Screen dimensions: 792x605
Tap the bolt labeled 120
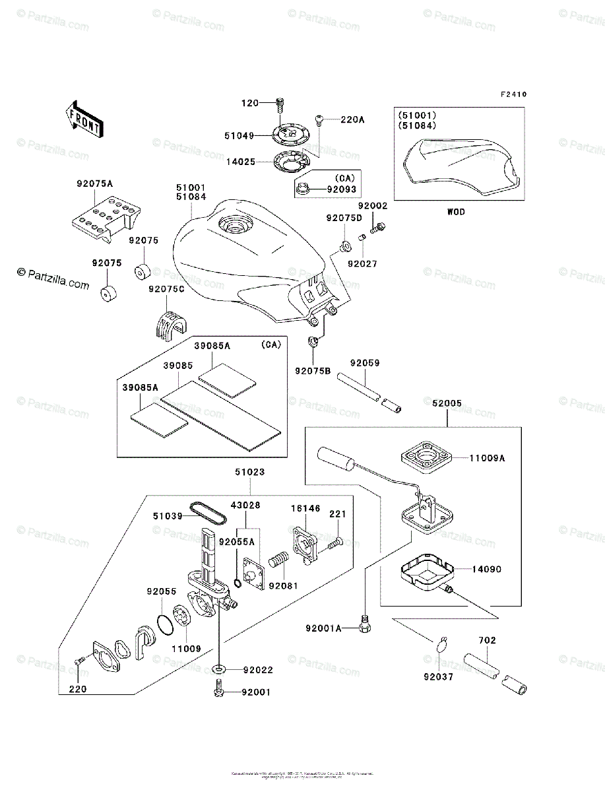coord(280,102)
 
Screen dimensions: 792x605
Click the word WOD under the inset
coord(456,212)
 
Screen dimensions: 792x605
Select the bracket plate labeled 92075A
coord(104,216)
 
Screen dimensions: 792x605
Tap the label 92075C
coord(164,289)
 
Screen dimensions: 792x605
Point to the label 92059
coord(365,363)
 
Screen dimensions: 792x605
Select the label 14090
coord(486,568)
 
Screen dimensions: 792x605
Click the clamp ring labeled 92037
coord(443,643)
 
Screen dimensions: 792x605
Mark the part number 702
coord(488,640)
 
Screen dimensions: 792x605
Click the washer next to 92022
coord(218,669)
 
